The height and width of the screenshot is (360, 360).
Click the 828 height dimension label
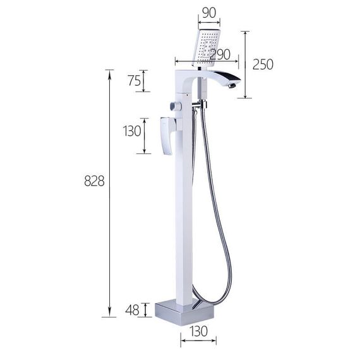click(94, 181)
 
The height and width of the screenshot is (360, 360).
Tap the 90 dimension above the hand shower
click(209, 13)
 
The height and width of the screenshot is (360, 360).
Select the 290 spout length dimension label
click(220, 55)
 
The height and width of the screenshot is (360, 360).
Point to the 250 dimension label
click(263, 64)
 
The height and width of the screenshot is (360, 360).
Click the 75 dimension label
click(135, 81)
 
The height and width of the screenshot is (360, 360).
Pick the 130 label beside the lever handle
click(132, 131)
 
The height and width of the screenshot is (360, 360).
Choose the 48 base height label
click(132, 310)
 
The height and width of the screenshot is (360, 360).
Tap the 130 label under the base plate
click(198, 331)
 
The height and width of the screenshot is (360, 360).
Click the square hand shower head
click(206, 48)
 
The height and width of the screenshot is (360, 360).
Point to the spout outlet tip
click(232, 86)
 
